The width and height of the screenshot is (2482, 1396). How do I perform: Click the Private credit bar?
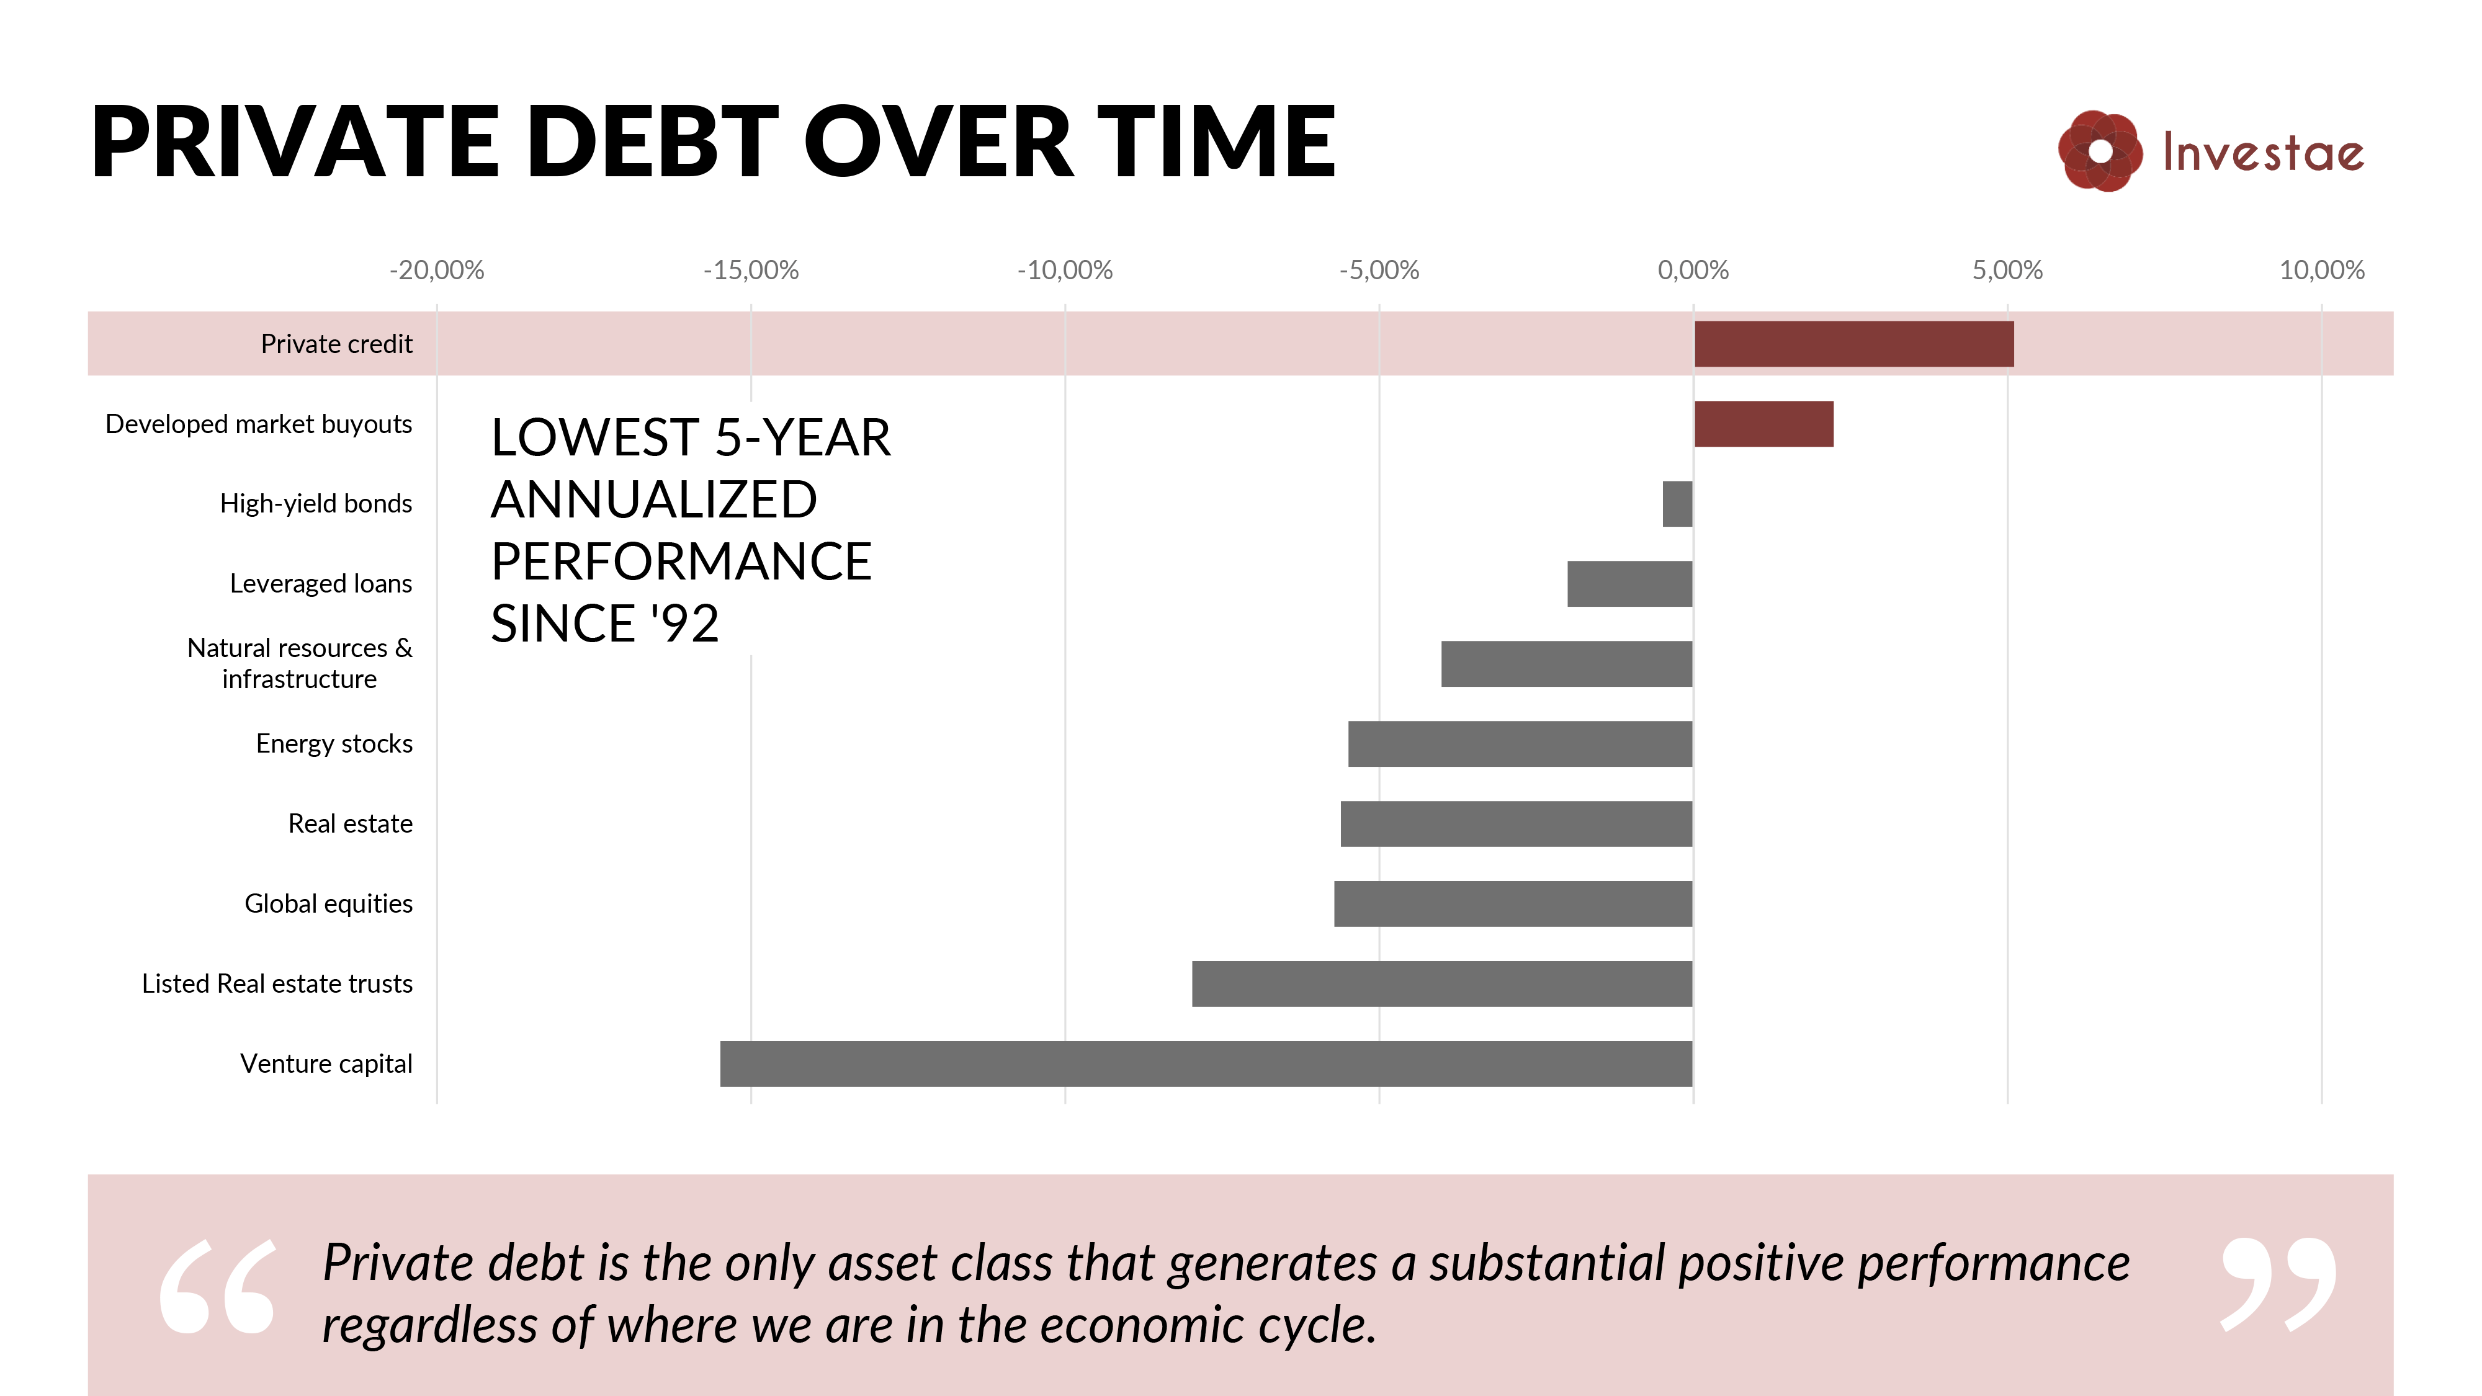[1854, 344]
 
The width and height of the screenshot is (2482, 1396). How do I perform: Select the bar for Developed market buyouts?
[1764, 424]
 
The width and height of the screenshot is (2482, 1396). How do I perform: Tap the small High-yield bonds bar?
[1677, 504]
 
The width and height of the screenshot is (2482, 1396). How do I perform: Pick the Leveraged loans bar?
[1630, 584]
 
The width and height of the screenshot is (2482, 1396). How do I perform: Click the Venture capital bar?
[1206, 1063]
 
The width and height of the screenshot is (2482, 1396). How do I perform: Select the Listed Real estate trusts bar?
[1443, 983]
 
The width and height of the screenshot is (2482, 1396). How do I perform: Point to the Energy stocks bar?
[1520, 744]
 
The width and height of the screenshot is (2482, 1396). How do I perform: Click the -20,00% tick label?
[436, 271]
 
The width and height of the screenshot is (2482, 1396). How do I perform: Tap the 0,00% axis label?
[1693, 271]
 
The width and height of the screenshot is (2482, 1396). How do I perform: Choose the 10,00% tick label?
[2322, 271]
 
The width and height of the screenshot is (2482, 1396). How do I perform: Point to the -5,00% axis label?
[1379, 271]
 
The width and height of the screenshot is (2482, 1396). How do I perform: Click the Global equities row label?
[329, 904]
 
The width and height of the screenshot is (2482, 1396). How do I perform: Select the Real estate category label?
[351, 824]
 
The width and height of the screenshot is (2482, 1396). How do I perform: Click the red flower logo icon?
[2100, 151]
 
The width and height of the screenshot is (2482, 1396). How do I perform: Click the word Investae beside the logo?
[2264, 152]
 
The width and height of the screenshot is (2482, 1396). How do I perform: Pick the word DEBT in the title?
[653, 143]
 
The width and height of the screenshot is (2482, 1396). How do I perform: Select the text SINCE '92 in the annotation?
[605, 624]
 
